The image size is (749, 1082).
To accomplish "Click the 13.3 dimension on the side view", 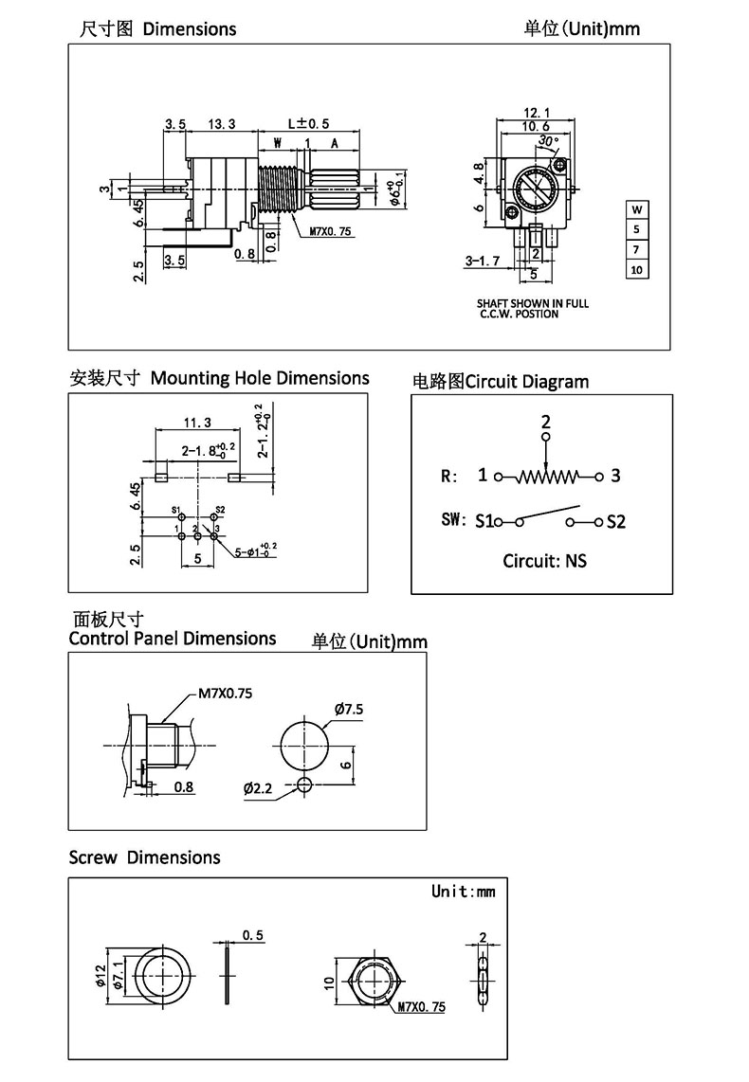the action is pos(222,123).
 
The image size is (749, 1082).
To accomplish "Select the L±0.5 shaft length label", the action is pos(308,123).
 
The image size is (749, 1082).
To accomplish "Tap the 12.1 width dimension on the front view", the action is pos(537,113).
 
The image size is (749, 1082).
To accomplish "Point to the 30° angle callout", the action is pos(548,140).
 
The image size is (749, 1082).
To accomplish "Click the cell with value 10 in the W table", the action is pos(636,270).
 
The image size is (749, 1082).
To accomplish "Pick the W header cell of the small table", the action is pos(636,209).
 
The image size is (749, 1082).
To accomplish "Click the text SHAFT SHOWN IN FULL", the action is pos(532,303).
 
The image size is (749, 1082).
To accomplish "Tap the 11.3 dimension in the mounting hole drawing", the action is pos(197,423).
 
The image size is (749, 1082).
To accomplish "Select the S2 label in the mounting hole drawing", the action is pos(220,511).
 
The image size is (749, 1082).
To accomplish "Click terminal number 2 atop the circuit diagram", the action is pos(546,421).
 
